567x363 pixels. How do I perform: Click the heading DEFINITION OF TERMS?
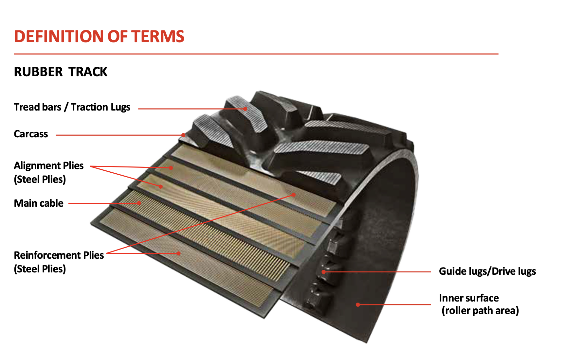coord(99,36)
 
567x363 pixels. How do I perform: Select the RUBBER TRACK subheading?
coord(61,72)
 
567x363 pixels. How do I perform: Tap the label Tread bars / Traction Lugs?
coord(72,107)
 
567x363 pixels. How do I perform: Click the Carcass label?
coord(31,134)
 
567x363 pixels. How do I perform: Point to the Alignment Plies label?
coord(49,166)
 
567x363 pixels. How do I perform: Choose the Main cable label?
coord(39,203)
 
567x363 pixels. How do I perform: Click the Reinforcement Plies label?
coord(59,255)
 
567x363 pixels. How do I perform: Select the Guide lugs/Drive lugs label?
coord(487,271)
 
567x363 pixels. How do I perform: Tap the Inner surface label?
coord(469,298)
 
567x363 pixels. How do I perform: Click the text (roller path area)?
coord(480,310)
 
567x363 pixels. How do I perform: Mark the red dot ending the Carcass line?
coord(183,135)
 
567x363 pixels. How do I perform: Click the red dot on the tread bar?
coord(245,109)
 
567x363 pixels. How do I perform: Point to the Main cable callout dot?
coord(139,203)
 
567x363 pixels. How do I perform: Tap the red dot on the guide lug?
coord(323,272)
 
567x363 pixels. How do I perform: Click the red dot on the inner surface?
coord(358,304)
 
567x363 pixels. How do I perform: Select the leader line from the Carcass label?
coord(119,135)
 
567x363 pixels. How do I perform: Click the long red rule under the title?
coord(256,54)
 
